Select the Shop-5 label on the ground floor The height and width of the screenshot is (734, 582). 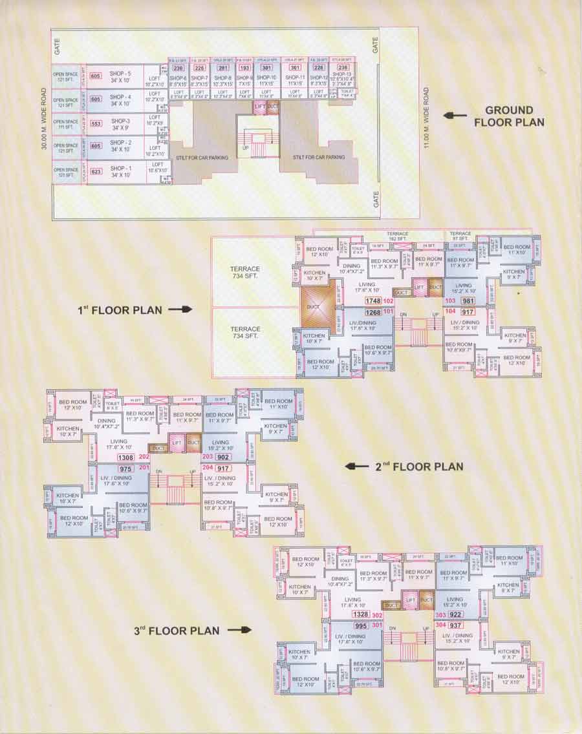tap(120, 76)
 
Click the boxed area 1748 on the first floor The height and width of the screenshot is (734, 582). tap(372, 302)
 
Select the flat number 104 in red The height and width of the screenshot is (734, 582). tap(451, 312)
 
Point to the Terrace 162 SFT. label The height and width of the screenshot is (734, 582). tap(399, 236)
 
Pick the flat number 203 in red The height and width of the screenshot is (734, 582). tap(208, 457)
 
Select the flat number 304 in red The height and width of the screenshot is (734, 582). tap(441, 625)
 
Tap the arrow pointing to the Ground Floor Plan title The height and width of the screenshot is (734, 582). tap(455, 116)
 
